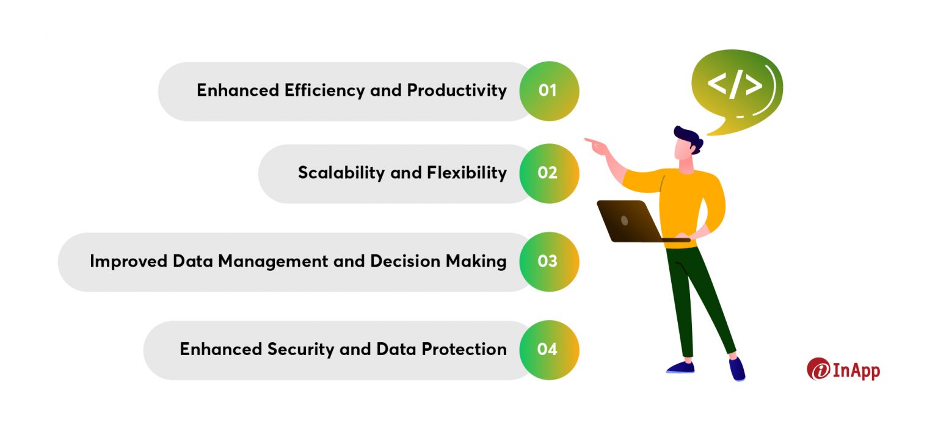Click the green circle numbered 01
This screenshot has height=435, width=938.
click(548, 91)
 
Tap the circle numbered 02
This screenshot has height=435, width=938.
click(548, 173)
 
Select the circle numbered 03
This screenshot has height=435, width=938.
click(548, 262)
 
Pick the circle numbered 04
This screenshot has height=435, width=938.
click(548, 350)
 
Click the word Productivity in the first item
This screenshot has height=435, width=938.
click(457, 91)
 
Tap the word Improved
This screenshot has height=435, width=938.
click(129, 262)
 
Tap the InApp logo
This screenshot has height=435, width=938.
click(843, 369)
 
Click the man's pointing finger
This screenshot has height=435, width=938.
click(590, 141)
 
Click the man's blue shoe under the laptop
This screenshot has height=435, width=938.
click(680, 367)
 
